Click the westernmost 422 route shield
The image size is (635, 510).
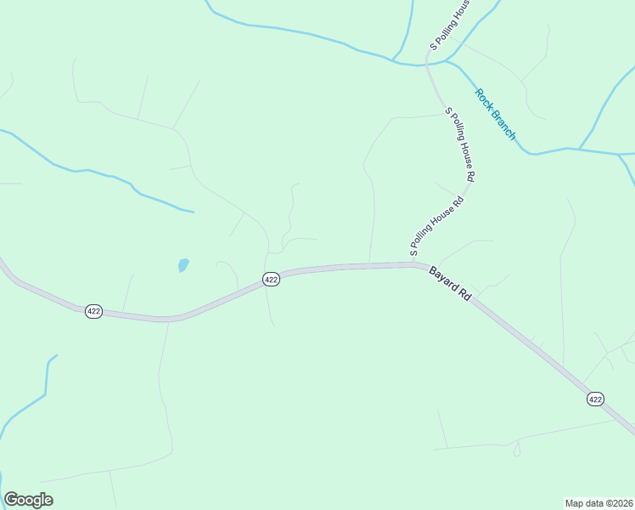(93, 312)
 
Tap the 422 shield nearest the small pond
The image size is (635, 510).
(270, 280)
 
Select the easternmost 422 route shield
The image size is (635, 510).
(595, 399)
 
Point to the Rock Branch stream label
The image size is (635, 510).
(495, 115)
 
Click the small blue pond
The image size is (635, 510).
(183, 265)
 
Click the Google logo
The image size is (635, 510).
(29, 500)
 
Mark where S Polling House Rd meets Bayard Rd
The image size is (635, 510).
(414, 264)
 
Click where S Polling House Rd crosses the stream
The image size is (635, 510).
(428, 63)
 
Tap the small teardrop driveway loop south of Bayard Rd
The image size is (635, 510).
(516, 451)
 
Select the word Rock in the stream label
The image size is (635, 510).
(483, 99)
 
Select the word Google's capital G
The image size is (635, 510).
(11, 500)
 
